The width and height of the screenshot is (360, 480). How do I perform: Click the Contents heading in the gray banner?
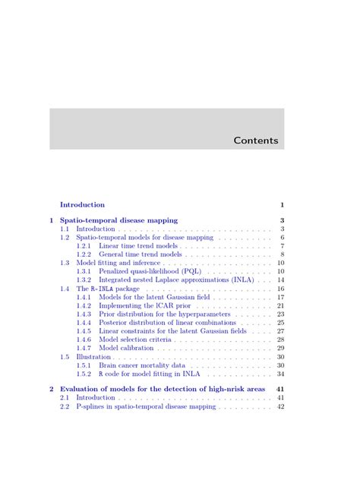pos(256,141)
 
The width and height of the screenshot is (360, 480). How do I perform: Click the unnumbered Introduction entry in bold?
pos(82,204)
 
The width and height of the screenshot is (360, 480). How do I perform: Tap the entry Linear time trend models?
pos(138,246)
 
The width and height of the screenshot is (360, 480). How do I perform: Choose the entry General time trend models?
pos(141,254)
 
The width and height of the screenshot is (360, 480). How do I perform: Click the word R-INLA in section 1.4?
pos(103,289)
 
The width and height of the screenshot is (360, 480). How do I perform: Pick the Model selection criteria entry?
pos(135,339)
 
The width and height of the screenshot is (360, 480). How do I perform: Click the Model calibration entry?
pos(126,348)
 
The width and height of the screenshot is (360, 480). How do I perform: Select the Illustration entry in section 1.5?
pos(93,357)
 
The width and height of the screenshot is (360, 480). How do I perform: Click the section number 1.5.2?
pos(84,374)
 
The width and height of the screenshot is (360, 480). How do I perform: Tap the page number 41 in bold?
pos(280,389)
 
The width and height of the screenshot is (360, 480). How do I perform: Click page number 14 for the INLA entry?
pos(280,279)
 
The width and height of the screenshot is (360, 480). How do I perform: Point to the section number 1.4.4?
pos(84,323)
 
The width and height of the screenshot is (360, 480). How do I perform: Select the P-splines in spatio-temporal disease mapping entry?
pos(146,407)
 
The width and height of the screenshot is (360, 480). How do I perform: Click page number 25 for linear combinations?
pos(280,323)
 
